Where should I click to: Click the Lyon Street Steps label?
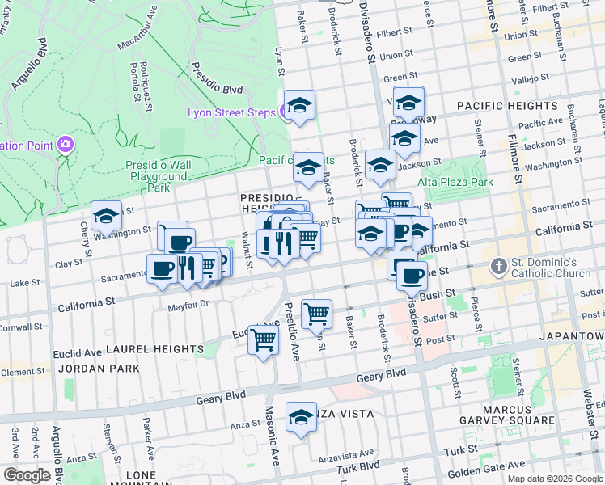[231, 112]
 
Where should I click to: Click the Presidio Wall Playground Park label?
[159, 176]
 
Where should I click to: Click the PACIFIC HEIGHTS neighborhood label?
[507, 106]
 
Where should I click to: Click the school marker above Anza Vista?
[301, 417]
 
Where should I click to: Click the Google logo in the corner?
[27, 475]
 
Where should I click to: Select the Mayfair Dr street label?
[188, 304]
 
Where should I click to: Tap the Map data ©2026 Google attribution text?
[554, 479]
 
